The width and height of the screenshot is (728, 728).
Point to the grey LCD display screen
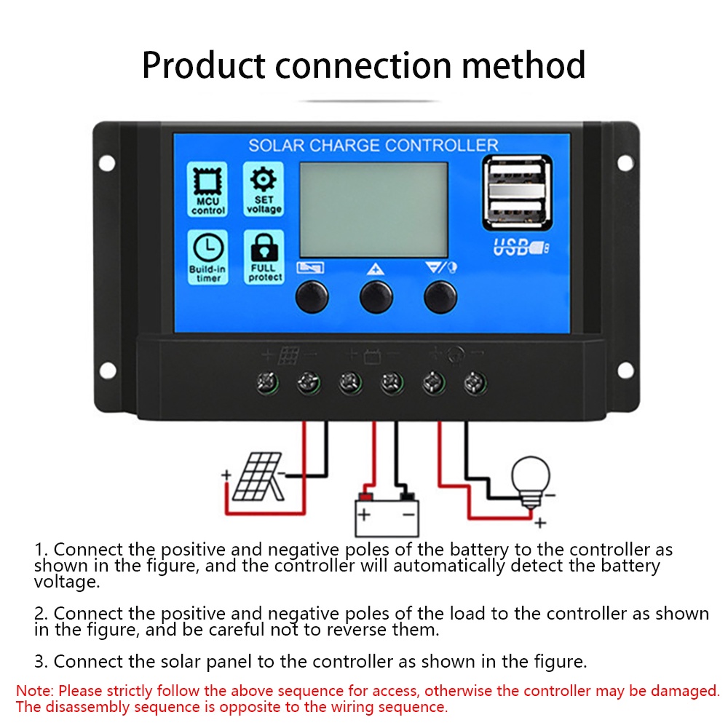click(373, 209)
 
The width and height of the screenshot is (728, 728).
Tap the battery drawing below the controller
click(387, 513)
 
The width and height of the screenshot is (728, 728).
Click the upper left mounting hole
click(107, 162)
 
